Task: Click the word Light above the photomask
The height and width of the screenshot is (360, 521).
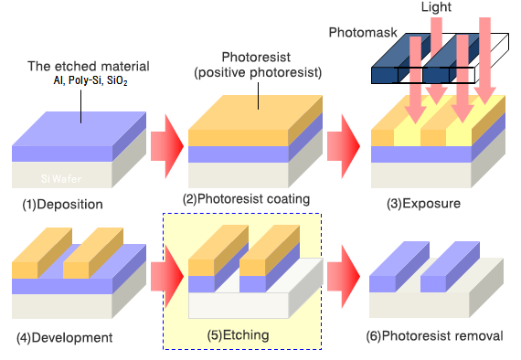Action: click(x=436, y=7)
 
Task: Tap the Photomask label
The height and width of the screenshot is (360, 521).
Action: click(x=363, y=33)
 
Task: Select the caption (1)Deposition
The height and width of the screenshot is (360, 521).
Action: click(x=62, y=205)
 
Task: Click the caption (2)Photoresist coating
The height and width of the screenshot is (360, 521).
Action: click(x=246, y=199)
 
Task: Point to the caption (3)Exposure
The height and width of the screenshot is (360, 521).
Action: click(x=423, y=203)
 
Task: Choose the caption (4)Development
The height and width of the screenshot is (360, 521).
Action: click(x=65, y=338)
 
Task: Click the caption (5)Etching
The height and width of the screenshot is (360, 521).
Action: click(x=238, y=335)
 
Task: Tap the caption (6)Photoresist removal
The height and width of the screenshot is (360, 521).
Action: click(x=434, y=336)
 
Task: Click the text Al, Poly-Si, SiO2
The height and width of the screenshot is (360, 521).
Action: click(x=90, y=80)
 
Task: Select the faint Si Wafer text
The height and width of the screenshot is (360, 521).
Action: click(x=61, y=179)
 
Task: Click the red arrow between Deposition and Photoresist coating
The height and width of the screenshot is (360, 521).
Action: click(x=167, y=146)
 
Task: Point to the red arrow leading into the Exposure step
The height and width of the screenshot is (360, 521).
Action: click(x=344, y=146)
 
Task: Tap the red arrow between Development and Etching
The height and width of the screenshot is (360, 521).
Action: click(x=167, y=276)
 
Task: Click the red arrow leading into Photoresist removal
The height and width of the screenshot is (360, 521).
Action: click(x=344, y=276)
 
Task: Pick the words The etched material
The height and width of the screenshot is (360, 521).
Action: click(x=89, y=67)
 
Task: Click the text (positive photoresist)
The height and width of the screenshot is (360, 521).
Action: click(x=258, y=72)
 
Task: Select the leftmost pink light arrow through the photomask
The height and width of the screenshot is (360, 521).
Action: click(x=415, y=79)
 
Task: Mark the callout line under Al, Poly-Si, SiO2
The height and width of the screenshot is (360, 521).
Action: click(x=80, y=107)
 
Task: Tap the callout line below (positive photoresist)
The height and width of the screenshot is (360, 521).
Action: click(x=258, y=96)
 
